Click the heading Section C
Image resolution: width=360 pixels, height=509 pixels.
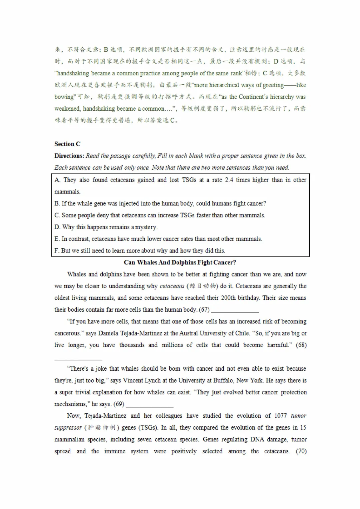67,144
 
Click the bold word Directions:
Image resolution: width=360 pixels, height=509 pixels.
69,156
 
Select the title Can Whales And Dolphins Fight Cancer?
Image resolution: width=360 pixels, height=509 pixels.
180,262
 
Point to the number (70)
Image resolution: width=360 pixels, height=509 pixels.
301,451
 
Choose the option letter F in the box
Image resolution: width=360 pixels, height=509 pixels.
57,251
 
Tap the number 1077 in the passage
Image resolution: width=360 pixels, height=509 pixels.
280,416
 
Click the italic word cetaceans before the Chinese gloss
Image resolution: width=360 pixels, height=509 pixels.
172,286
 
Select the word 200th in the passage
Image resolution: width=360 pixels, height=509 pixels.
228,298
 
